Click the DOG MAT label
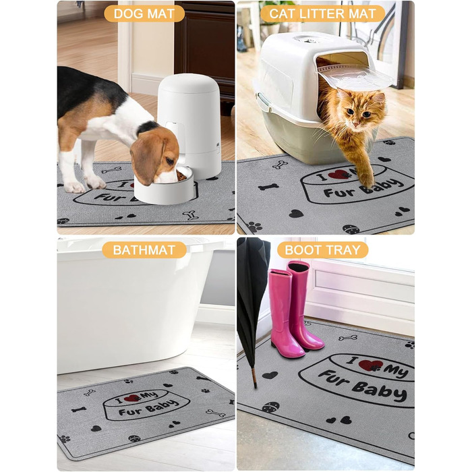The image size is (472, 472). point(144,13)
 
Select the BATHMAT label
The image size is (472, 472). point(144,250)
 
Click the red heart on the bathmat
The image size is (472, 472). point(131,399)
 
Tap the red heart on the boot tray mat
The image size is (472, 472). point(370,365)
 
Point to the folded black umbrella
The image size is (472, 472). point(252,297)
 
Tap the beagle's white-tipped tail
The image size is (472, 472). point(65,75)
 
